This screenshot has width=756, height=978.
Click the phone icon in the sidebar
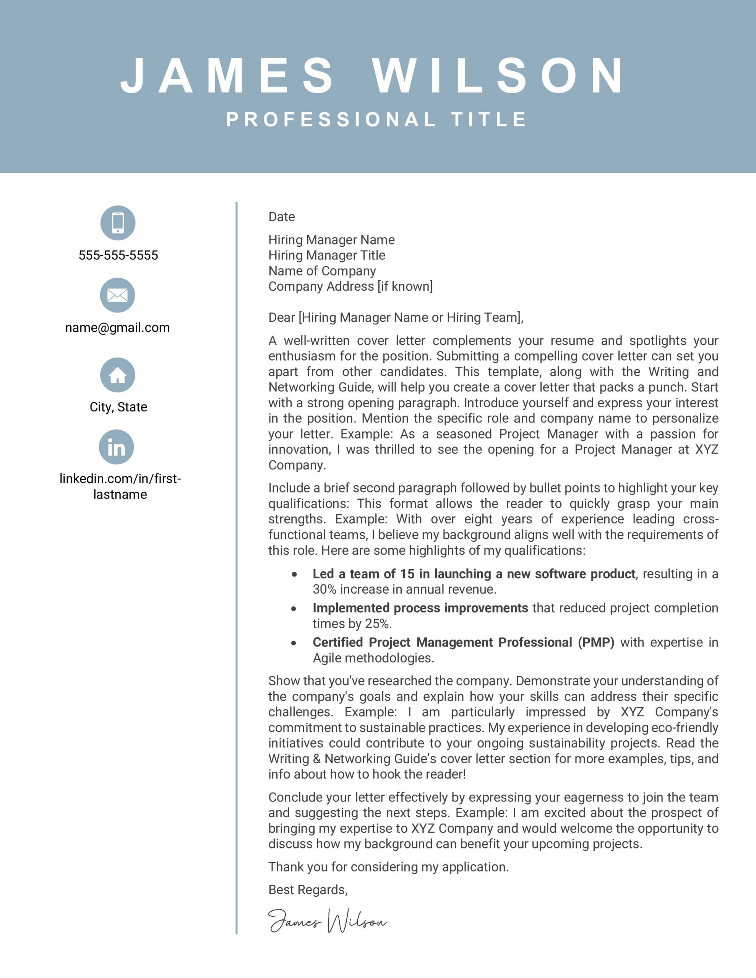118,223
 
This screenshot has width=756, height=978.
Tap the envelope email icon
117,295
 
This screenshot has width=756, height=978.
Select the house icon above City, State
118,375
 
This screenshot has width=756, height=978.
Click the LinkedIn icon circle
117,447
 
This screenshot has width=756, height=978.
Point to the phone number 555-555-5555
118,255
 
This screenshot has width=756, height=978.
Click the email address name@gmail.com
117,328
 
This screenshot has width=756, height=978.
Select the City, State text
118,407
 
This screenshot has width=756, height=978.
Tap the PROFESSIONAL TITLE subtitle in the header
377,120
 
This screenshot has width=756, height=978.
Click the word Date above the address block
281,217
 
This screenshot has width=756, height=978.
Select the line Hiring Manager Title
327,255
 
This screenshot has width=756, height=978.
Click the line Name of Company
322,271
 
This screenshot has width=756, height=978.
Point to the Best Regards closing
308,890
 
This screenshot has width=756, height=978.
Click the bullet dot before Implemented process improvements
294,609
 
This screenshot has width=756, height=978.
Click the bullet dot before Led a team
294,575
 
